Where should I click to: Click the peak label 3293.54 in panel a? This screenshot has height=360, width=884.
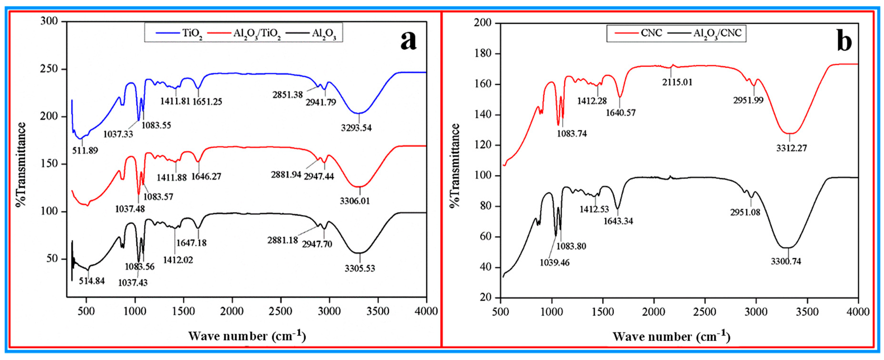click(x=356, y=128)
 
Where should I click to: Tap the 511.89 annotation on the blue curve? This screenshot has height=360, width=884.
click(x=85, y=150)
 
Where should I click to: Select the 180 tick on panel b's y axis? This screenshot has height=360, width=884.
click(x=484, y=54)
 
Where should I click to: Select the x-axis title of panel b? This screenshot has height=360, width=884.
click(x=672, y=336)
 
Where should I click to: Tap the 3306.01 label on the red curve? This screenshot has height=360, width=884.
click(x=355, y=201)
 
